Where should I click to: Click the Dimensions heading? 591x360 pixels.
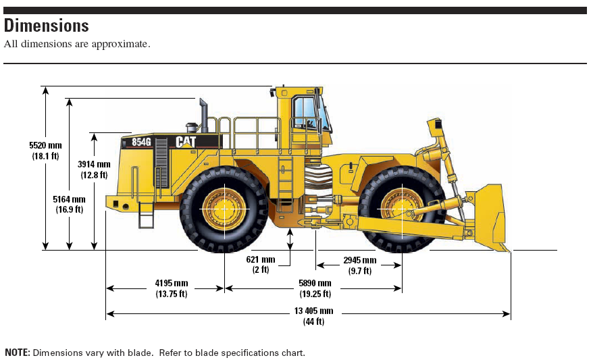(x=47, y=26)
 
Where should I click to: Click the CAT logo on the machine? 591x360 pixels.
(x=186, y=141)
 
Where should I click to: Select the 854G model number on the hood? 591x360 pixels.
(x=141, y=142)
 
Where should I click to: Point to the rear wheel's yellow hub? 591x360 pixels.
(x=224, y=209)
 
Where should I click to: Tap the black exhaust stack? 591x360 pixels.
(x=203, y=115)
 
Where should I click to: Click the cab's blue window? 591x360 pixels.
(x=305, y=112)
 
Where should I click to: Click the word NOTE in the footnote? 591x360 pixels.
(x=17, y=353)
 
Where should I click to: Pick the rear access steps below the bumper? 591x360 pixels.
(x=146, y=215)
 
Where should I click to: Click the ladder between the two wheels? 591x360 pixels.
(x=284, y=184)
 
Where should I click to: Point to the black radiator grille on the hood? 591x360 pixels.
(x=161, y=163)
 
